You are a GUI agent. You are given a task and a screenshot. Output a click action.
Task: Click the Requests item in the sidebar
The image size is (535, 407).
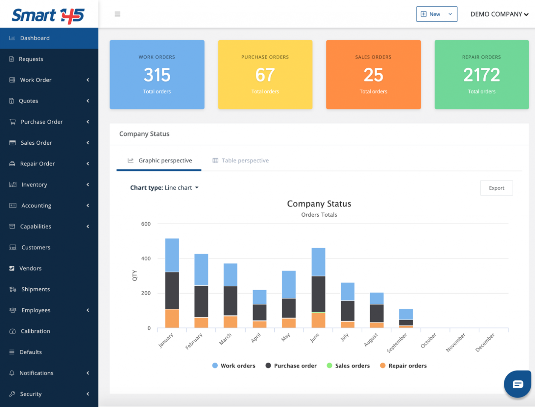31,59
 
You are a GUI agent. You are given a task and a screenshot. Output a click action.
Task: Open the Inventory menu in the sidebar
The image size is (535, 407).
34,185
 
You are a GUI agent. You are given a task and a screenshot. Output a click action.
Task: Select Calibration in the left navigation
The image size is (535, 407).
35,331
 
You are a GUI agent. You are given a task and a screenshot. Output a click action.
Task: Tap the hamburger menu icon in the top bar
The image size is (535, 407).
117,14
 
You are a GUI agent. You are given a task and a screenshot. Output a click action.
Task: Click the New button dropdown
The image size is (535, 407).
437,14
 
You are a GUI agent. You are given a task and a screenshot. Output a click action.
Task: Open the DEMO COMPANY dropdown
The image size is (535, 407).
499,14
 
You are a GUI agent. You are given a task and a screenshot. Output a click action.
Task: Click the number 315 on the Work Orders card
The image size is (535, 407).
157,75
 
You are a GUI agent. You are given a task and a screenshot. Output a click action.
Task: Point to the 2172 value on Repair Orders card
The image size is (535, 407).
481,75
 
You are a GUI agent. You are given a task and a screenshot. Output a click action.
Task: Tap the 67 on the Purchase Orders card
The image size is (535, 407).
265,75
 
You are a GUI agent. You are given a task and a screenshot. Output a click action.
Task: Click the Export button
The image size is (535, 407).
496,188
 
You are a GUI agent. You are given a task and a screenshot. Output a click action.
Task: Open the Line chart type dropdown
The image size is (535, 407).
181,188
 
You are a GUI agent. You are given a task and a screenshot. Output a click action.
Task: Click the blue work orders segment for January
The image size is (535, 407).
172,255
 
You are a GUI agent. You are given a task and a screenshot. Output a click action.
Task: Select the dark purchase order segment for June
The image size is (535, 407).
318,294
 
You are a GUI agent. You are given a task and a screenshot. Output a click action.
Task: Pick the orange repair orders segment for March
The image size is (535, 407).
231,322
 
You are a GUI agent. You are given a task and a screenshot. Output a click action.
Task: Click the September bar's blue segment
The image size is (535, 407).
406,314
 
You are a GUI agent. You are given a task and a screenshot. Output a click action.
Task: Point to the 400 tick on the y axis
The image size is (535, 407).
146,259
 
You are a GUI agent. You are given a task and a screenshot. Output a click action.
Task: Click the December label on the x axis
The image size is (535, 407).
485,342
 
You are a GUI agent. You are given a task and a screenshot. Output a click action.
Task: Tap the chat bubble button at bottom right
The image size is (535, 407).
518,384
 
